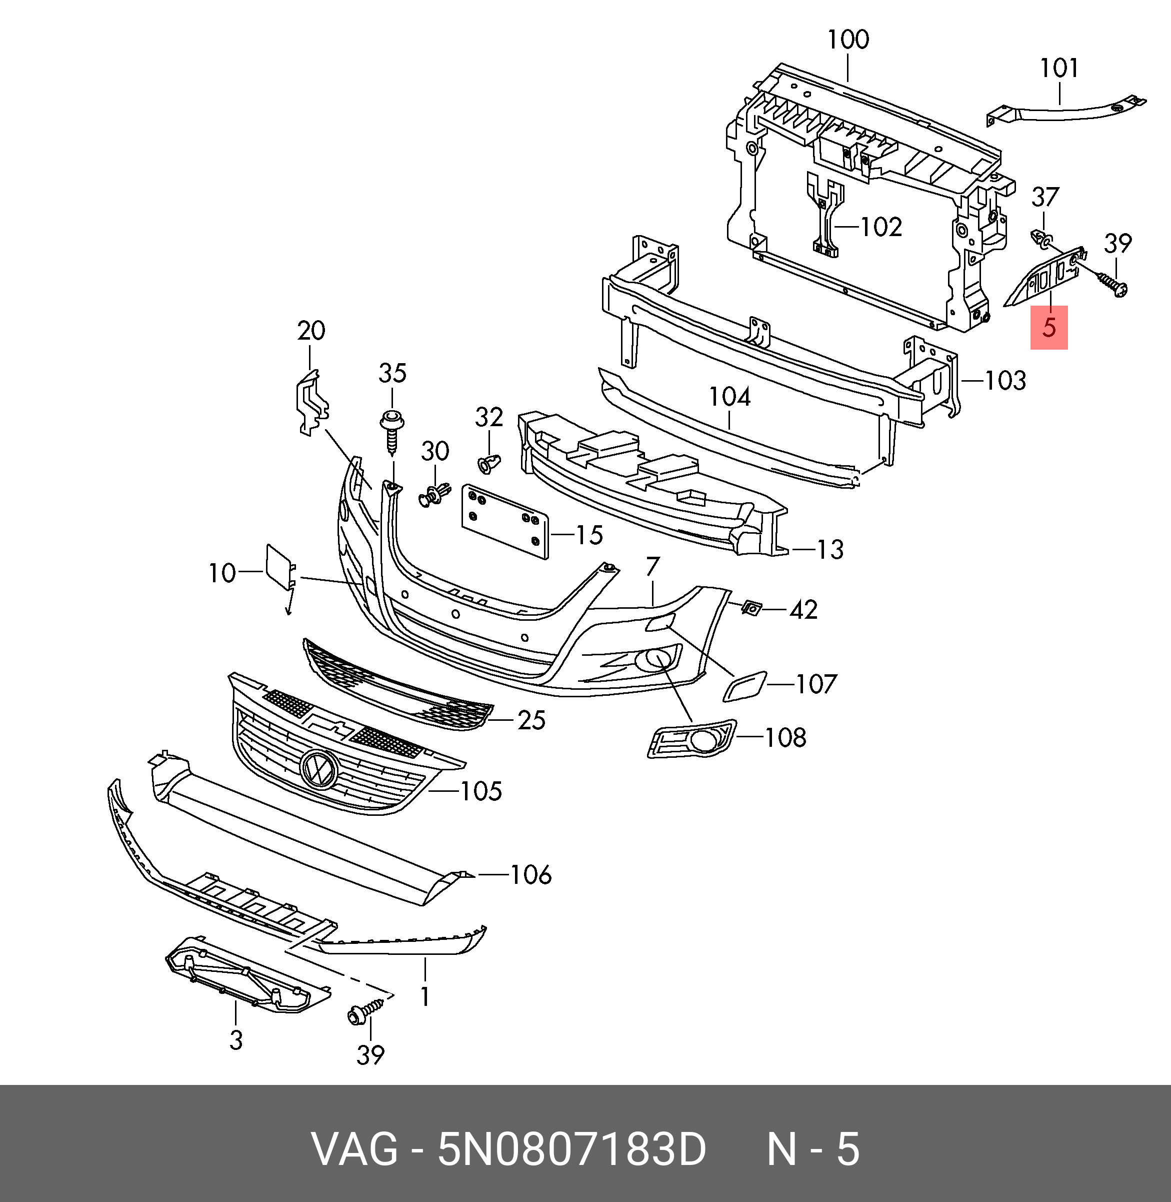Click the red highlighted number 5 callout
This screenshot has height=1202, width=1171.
pyautogui.click(x=1048, y=327)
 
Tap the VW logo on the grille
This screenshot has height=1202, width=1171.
pyautogui.click(x=318, y=769)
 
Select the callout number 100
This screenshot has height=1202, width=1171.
pyautogui.click(x=847, y=40)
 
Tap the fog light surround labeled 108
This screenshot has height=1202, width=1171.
pyautogui.click(x=691, y=739)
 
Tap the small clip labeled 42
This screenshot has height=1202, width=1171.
pyautogui.click(x=751, y=608)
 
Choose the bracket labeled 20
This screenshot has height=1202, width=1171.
pyautogui.click(x=312, y=403)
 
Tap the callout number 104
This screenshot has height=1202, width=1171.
pyautogui.click(x=729, y=397)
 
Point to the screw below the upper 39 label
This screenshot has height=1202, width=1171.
pyautogui.click(x=1110, y=286)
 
